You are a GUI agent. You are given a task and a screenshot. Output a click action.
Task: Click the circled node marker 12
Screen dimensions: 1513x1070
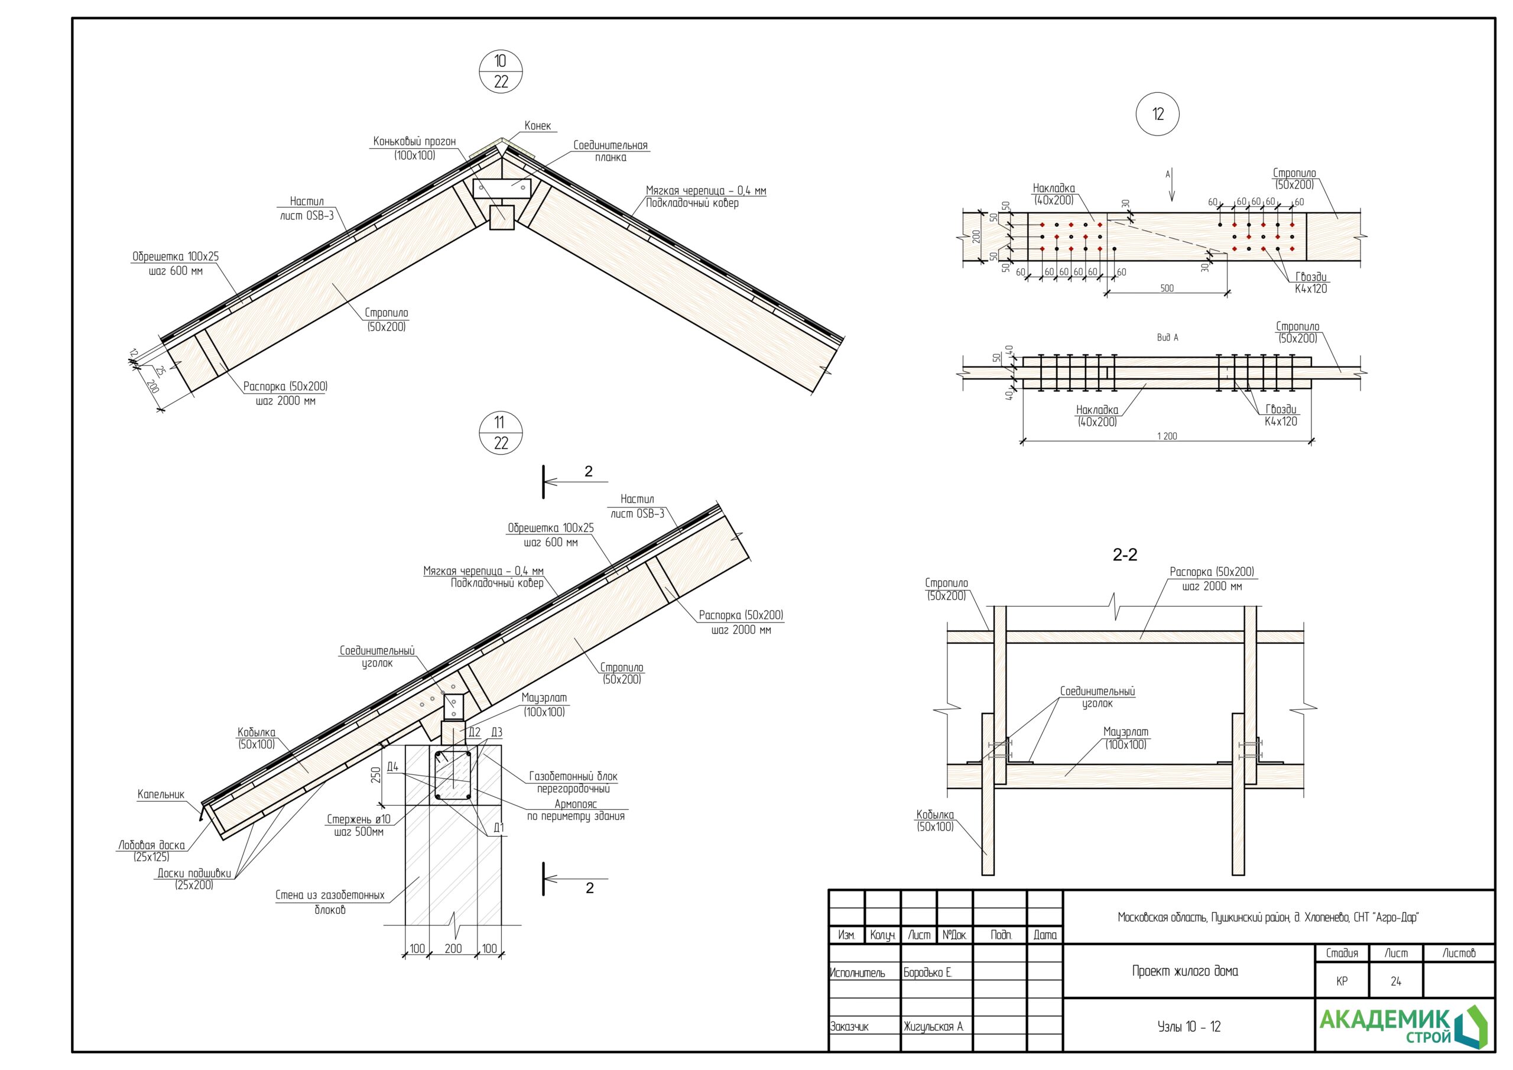(x=1158, y=114)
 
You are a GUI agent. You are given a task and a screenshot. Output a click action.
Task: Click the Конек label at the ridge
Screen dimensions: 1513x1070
(x=537, y=126)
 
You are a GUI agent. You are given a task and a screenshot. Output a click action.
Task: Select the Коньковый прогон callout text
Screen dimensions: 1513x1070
(x=414, y=148)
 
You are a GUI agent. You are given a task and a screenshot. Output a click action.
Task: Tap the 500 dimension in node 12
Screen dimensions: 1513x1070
(x=1167, y=288)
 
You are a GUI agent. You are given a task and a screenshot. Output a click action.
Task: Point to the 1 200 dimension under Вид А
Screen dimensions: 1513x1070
(x=1167, y=436)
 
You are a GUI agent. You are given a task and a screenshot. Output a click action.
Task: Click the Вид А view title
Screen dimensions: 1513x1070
(x=1167, y=338)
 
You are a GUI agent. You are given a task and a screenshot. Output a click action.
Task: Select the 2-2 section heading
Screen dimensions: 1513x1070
(x=1125, y=555)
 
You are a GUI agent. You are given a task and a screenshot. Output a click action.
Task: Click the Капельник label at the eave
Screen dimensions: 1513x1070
(x=161, y=795)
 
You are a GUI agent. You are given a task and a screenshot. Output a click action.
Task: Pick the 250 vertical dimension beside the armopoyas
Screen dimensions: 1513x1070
(x=376, y=774)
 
